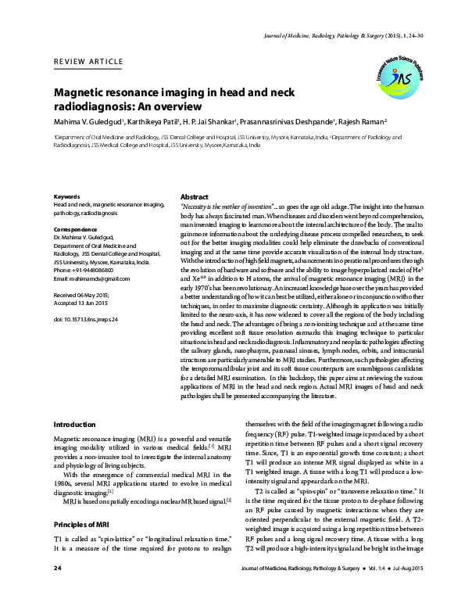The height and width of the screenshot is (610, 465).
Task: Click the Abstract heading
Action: coord(194,196)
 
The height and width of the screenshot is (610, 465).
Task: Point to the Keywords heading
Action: coord(66,196)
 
